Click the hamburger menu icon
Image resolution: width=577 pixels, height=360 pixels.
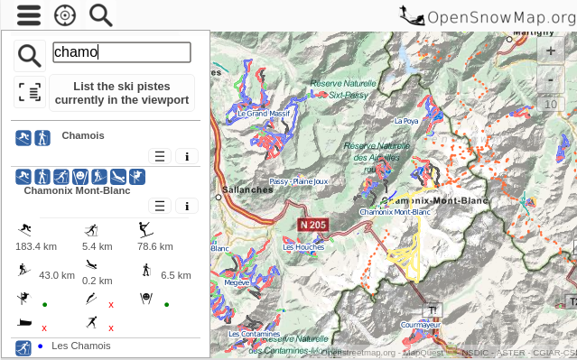(x=29, y=15)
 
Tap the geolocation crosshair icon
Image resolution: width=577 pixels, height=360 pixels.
(x=65, y=15)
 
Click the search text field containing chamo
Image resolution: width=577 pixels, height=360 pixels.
(x=122, y=52)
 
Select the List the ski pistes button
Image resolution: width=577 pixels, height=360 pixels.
(x=122, y=93)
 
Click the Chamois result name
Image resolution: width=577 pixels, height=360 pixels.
(x=83, y=136)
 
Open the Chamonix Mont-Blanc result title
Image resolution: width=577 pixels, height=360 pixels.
(x=78, y=191)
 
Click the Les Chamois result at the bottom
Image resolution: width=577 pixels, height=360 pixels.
(x=81, y=346)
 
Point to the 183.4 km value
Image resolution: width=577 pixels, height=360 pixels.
(x=36, y=246)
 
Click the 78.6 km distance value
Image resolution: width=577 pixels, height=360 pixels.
(x=155, y=246)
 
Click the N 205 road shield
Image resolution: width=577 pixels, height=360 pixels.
(x=313, y=224)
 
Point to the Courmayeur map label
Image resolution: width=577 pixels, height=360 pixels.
(x=420, y=325)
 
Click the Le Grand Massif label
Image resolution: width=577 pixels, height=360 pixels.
(x=264, y=115)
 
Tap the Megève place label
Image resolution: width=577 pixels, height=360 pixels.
(x=237, y=282)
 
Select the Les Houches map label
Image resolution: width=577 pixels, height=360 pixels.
(x=303, y=247)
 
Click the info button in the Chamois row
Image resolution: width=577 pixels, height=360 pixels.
(x=186, y=156)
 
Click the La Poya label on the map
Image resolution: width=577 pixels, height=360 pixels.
(x=406, y=120)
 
